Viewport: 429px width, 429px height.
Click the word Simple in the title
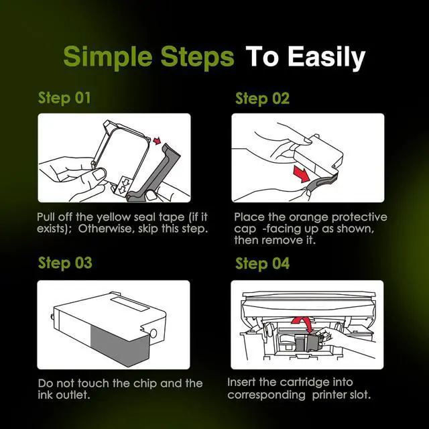tap(108, 58)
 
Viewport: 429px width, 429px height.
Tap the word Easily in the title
tap(326, 58)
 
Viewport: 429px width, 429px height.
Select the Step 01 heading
tap(64, 99)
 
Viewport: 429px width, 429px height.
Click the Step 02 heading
tap(262, 99)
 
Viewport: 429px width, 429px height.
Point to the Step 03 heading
tap(65, 263)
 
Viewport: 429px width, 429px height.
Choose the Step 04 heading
tap(262, 263)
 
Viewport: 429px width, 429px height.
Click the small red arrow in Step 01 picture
tap(157, 141)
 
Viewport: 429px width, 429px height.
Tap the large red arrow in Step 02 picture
tap(302, 173)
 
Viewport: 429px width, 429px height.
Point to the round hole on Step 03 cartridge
tap(154, 333)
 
